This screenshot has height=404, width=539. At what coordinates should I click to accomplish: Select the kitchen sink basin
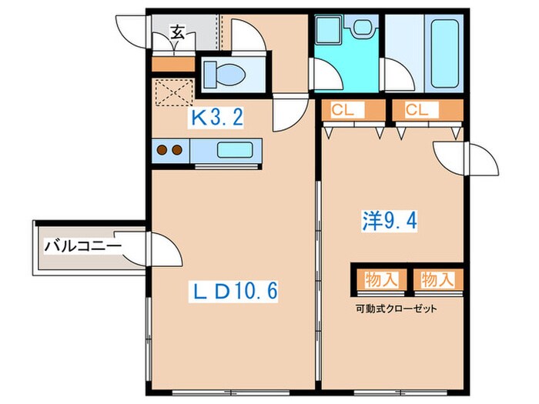(234, 150)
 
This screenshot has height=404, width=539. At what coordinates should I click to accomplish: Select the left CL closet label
(343, 111)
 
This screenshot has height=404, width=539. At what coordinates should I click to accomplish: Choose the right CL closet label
(417, 111)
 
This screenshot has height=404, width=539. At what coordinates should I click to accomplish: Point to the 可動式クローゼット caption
(396, 309)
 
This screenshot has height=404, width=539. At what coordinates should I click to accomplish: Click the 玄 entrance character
(177, 32)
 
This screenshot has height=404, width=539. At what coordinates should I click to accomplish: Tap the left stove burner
(162, 150)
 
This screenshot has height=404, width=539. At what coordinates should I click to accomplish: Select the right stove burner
(177, 150)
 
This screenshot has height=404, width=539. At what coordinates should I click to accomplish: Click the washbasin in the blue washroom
(360, 28)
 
